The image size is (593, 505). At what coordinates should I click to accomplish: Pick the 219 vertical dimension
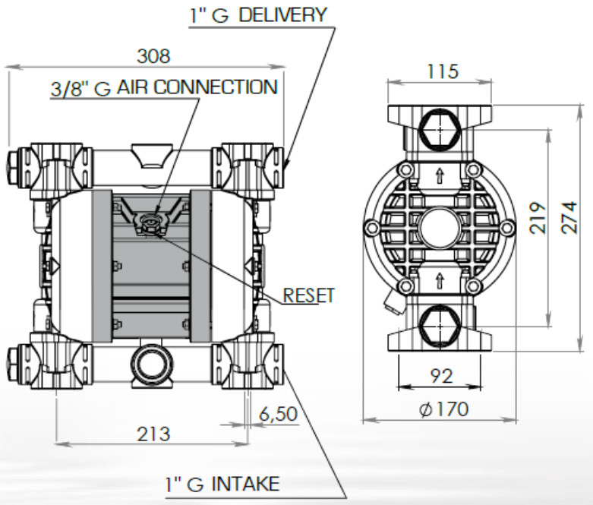tap(538, 218)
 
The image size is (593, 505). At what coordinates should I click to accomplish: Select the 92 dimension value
tap(437, 375)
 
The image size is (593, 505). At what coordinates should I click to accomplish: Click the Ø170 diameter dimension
tap(443, 409)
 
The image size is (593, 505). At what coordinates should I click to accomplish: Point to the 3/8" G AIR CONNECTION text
tap(163, 87)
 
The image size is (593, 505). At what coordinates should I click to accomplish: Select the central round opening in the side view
tap(438, 226)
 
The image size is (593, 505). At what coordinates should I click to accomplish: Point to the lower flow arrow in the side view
tap(438, 282)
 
